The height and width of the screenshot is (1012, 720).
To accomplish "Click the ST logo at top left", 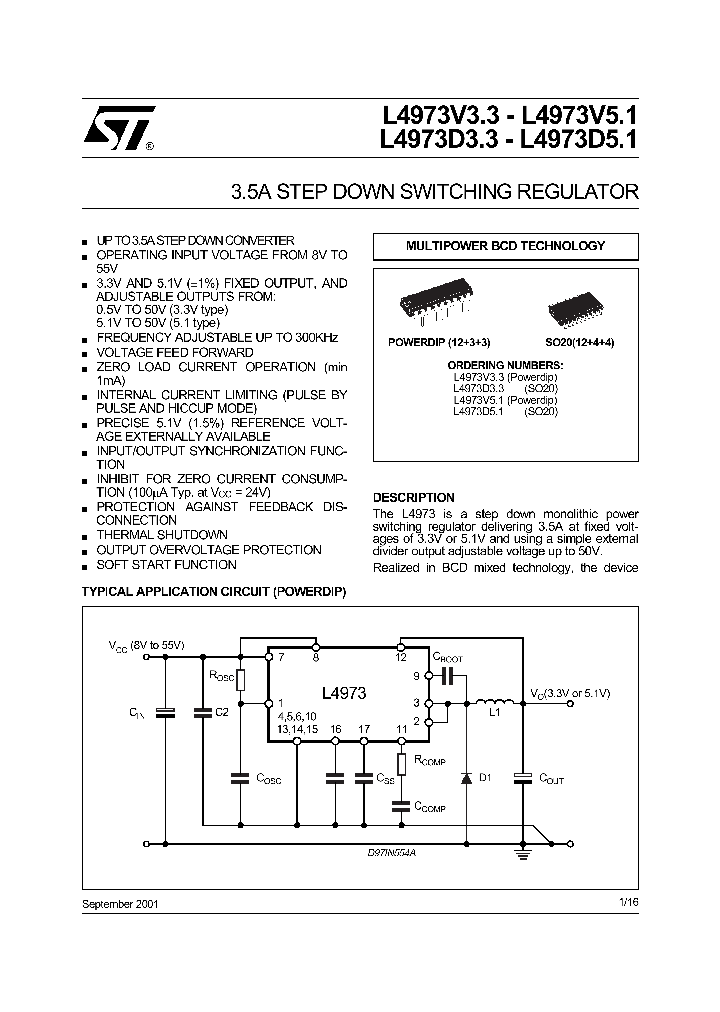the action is click(118, 127).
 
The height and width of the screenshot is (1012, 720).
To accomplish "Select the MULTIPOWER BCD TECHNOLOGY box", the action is click(504, 246).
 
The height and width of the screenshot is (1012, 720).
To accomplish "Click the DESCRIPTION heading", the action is click(413, 497).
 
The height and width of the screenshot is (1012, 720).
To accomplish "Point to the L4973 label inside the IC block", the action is click(343, 693).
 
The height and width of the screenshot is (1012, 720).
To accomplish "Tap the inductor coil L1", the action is click(493, 702).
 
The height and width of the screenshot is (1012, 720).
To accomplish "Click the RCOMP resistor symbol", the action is click(400, 765).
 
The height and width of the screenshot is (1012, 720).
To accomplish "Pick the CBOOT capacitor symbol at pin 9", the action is click(447, 676).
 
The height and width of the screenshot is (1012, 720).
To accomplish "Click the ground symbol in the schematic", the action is click(521, 853).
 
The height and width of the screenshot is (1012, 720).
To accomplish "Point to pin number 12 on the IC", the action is click(400, 657).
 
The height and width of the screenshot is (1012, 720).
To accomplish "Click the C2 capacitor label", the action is click(222, 712).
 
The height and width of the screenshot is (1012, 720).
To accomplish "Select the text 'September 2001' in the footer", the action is click(119, 903).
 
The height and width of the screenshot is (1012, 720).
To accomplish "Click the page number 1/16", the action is click(628, 902).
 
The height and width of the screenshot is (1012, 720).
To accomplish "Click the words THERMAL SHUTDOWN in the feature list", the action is click(162, 535).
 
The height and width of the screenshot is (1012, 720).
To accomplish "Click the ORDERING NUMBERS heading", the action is click(504, 366).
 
